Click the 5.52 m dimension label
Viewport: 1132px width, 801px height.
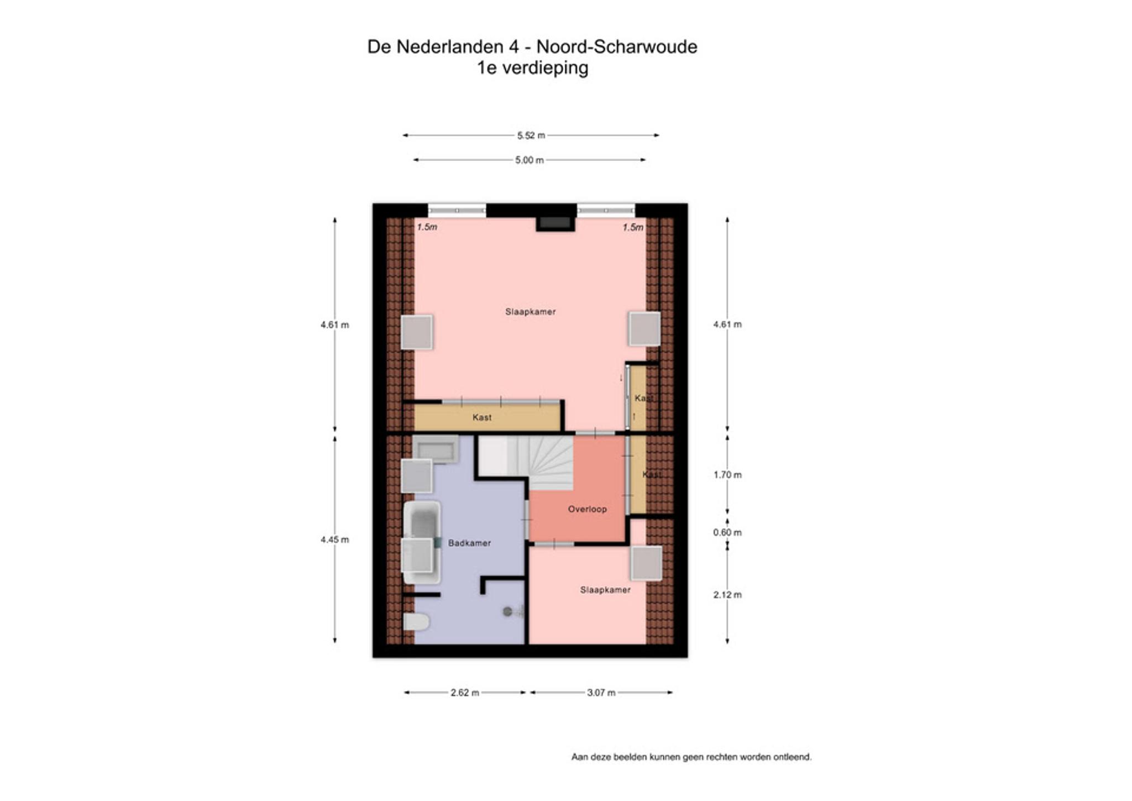coord(531,135)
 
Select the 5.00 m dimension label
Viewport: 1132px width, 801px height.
coord(530,160)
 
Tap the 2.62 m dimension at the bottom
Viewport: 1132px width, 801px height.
coord(465,693)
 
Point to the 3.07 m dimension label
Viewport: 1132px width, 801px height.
coord(601,693)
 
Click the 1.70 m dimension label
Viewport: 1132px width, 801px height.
coord(727,475)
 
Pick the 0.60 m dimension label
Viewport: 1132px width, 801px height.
coord(727,532)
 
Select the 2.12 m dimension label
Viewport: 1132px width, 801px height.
coord(727,595)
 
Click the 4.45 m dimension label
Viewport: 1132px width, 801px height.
coord(334,540)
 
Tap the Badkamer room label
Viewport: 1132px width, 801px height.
coord(469,543)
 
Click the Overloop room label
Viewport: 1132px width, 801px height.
coord(587,509)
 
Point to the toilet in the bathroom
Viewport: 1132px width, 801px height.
coord(416,622)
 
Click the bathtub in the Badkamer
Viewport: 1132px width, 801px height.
coord(422,542)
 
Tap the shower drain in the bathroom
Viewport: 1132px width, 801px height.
coord(507,611)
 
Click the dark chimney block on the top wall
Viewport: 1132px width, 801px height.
coord(555,223)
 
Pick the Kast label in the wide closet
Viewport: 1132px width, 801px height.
coord(482,417)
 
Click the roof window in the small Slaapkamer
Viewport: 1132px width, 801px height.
coord(646,563)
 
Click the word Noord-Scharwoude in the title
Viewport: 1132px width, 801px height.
coord(617,46)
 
